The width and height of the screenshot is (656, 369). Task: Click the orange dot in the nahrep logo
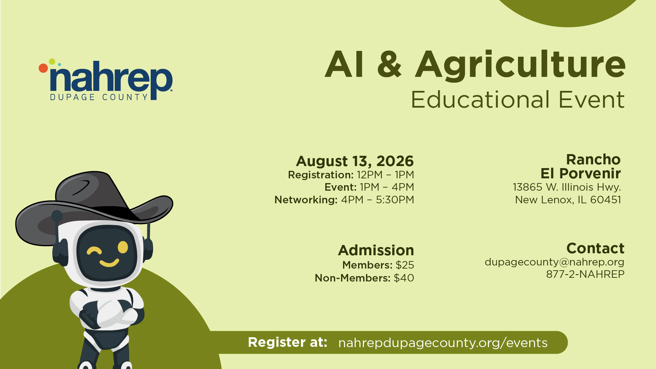43,68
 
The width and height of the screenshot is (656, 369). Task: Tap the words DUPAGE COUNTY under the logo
99,97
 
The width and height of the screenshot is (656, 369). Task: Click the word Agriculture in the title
520,65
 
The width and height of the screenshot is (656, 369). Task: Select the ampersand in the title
389,64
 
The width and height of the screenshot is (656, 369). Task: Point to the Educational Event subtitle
518,100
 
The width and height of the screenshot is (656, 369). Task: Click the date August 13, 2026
355,161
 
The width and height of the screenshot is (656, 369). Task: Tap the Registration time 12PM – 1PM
385,175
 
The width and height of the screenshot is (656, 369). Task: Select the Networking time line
344,200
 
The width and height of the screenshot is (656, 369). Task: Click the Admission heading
376,250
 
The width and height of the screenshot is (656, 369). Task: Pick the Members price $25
405,265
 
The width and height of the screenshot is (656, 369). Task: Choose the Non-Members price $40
404,278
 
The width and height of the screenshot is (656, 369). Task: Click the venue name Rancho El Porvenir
580,166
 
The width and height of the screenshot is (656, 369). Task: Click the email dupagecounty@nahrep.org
554,262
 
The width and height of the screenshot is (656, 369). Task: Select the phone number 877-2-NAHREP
585,274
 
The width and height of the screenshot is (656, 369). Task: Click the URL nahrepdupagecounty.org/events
443,343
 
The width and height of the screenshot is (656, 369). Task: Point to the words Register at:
287,342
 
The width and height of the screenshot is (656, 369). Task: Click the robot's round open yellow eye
123,247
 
